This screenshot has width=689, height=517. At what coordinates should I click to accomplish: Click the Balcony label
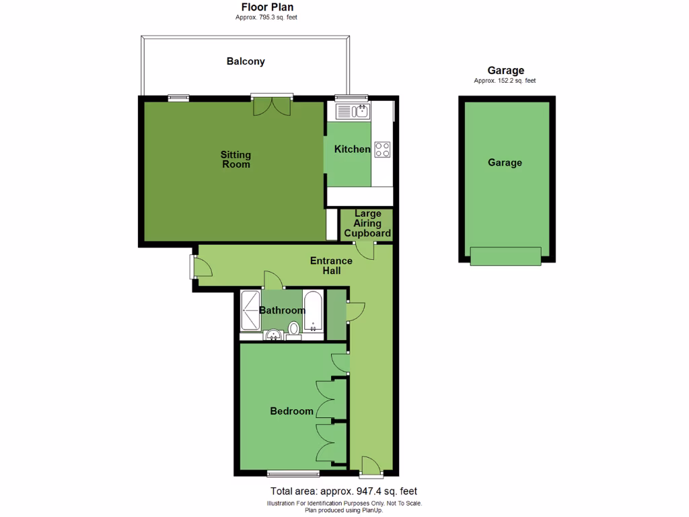(x=246, y=61)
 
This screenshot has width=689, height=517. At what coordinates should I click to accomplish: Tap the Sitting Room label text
(x=235, y=160)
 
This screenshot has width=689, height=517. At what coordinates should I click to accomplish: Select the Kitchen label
(x=353, y=149)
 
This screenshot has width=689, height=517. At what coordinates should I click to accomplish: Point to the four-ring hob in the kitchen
(x=382, y=149)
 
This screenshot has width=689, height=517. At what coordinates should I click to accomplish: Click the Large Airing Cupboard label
(x=367, y=224)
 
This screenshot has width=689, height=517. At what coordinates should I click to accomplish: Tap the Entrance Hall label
(x=331, y=265)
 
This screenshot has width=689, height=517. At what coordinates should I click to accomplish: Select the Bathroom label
(x=282, y=310)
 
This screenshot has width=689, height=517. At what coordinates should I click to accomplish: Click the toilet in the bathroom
(x=294, y=329)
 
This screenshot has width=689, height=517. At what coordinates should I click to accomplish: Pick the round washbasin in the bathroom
(x=274, y=335)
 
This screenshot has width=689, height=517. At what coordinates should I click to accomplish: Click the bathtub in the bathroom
(x=314, y=311)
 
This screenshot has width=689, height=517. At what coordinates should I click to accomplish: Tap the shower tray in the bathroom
(x=250, y=310)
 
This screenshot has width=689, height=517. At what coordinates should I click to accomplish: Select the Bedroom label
(x=291, y=411)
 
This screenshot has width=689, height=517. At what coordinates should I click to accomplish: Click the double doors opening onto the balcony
(x=273, y=105)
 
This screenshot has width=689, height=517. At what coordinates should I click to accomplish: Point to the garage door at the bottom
(x=505, y=256)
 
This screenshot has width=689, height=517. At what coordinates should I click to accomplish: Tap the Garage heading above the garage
(x=505, y=71)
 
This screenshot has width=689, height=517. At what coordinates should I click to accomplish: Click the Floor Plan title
(x=267, y=7)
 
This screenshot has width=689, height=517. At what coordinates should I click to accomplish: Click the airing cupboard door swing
(x=365, y=250)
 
